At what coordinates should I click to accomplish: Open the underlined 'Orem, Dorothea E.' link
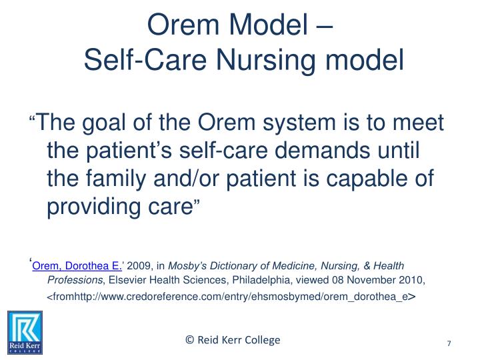pyautogui.click(x=77, y=265)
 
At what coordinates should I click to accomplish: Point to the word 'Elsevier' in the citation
pyautogui.click(x=127, y=280)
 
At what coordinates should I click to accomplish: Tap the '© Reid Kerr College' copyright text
pyautogui.click(x=233, y=340)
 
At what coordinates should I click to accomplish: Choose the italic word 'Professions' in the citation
pyautogui.click(x=73, y=280)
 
